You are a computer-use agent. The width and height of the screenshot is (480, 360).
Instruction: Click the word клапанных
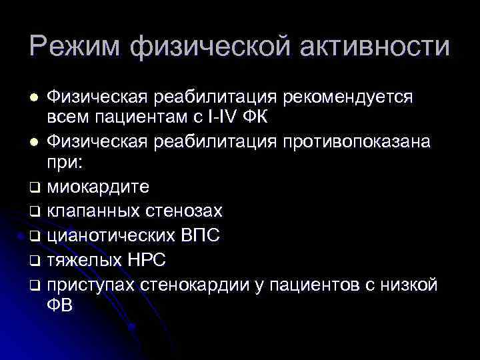point(93,212)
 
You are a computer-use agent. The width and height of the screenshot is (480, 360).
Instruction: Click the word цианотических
point(110,235)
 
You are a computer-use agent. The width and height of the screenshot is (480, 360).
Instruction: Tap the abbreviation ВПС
point(199,235)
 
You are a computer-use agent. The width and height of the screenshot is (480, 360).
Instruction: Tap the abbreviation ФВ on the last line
point(60,305)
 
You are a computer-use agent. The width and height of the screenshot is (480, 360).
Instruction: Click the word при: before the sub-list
point(64,163)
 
